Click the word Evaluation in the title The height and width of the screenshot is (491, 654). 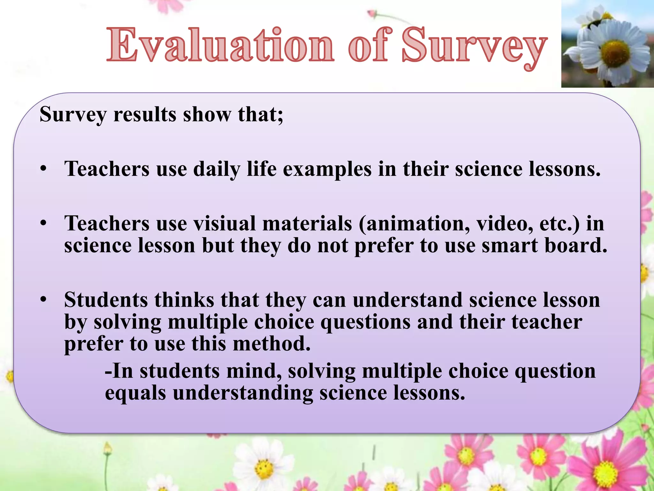[x=220, y=45]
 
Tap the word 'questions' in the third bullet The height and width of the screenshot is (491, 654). [x=365, y=322]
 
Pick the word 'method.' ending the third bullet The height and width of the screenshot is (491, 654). [x=271, y=344]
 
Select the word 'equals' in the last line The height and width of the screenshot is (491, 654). [x=135, y=393]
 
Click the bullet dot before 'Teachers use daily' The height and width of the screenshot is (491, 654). [x=44, y=168]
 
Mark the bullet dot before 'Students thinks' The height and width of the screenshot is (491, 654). [x=44, y=300]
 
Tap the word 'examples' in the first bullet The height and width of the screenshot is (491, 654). [x=327, y=169]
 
